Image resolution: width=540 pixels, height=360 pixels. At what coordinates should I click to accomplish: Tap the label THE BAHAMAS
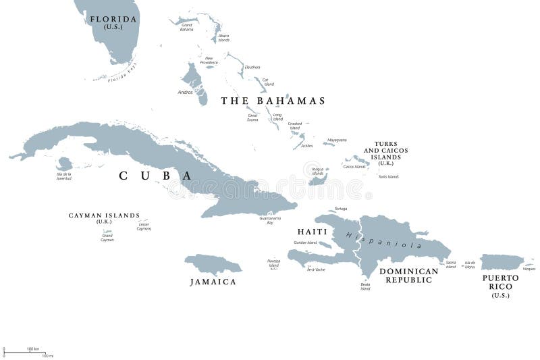273,101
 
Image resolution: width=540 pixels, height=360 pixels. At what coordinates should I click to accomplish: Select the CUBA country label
155,176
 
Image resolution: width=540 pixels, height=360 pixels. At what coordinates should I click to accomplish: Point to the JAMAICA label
213,282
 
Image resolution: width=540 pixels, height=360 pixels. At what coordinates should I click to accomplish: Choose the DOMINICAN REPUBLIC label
408,276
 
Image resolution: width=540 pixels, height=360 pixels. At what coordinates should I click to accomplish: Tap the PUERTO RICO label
500,282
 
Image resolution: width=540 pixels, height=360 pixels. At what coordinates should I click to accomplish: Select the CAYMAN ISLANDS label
104,216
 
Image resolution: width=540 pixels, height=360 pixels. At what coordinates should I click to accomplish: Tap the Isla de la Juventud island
65,163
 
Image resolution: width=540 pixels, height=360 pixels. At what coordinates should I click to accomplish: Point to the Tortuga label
340,209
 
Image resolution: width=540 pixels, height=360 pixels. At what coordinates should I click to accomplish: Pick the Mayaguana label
337,140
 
